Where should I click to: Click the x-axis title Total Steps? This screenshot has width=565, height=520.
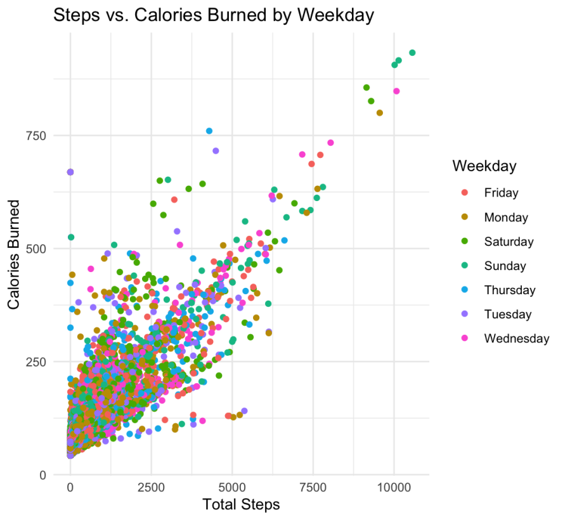point(240,505)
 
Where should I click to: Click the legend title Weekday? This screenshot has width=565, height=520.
point(484,166)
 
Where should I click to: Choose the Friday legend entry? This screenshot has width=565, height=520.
point(501,193)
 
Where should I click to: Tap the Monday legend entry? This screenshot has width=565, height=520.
point(505,218)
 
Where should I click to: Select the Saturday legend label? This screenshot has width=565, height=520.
point(509,242)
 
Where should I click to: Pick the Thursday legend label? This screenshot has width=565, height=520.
point(509,290)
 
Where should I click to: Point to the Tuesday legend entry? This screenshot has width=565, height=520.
point(507,314)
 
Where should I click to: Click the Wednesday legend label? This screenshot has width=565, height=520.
point(516,338)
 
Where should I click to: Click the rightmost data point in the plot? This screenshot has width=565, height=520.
point(412,53)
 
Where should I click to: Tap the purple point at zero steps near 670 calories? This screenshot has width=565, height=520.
point(70,172)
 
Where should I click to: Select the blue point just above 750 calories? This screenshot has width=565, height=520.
point(209,131)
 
